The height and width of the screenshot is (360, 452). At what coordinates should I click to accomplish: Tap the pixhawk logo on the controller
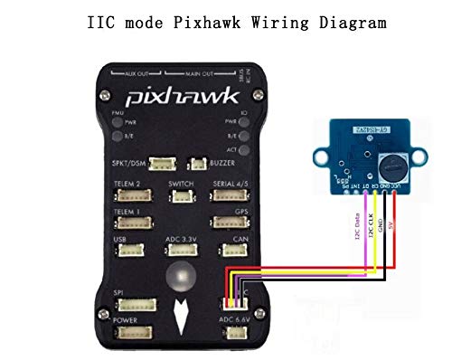click(176, 95)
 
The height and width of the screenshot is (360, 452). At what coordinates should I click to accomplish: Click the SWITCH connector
click(181, 196)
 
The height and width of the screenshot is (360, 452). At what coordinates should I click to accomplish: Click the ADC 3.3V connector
click(181, 250)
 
